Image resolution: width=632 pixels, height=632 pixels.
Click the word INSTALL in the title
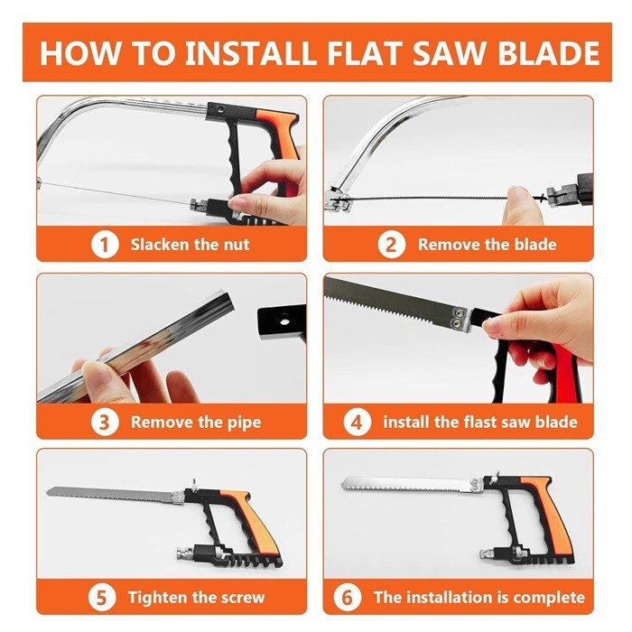(x=251, y=52)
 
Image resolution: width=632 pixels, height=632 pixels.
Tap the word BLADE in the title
(x=549, y=52)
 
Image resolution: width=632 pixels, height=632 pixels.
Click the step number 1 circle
(x=105, y=245)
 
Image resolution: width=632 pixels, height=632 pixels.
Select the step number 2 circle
(x=391, y=245)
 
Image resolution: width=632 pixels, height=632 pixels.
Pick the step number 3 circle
(x=105, y=422)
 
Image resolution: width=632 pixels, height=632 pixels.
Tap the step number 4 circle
(x=358, y=422)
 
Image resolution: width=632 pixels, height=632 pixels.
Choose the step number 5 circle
(x=101, y=597)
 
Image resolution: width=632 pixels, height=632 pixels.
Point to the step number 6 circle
(x=348, y=597)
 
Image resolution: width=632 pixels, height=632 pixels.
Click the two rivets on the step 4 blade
(x=458, y=318)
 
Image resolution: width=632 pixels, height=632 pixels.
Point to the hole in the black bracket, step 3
(x=285, y=321)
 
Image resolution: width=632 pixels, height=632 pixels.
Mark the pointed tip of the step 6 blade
(x=342, y=484)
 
